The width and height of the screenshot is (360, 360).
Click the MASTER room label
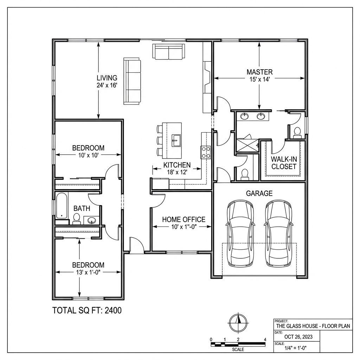259,72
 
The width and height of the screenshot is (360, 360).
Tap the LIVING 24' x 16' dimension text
107,85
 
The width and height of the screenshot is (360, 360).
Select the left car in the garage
240,233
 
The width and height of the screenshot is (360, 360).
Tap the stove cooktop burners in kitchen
206,152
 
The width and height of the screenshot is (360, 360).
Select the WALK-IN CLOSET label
283,163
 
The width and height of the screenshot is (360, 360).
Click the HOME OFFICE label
184,220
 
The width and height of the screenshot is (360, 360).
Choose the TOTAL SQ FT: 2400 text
87,311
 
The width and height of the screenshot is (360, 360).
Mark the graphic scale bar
238,344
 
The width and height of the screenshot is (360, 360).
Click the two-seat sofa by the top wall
168,52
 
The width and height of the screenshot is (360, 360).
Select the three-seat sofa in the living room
132,82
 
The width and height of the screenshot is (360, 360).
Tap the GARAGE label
259,193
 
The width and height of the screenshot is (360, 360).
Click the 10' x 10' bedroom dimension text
88,155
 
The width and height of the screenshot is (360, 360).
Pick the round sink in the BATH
92,221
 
